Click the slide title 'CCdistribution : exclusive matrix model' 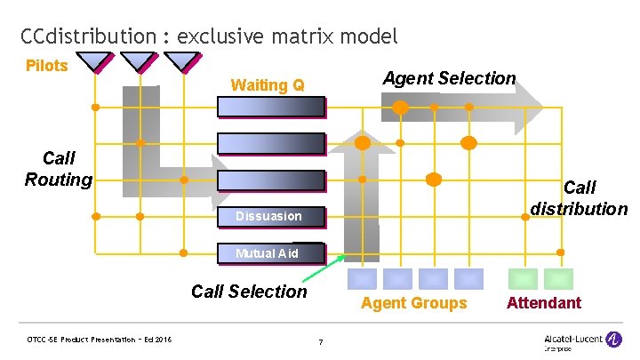coord(209,36)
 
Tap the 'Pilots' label coord(47,66)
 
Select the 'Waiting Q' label coord(267,85)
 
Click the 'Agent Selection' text coord(449,78)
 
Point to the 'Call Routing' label coord(59,169)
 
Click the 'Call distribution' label coord(579,198)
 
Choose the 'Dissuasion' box coord(269,216)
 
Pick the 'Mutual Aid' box coord(268,253)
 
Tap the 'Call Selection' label coord(249,291)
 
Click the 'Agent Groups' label coord(413,303)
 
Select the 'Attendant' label coord(543,303)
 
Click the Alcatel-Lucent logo coord(579,340)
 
